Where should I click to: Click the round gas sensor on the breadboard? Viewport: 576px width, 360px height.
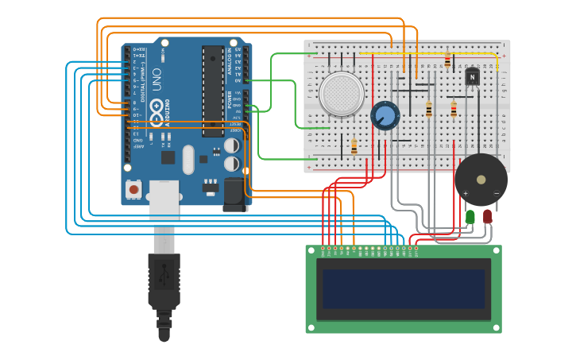(342, 94)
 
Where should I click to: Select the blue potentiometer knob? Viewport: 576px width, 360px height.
(385, 115)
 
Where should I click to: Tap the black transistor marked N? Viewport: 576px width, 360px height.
(472, 76)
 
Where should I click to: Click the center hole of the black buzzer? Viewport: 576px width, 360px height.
(481, 180)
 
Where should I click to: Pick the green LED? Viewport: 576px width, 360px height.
(470, 215)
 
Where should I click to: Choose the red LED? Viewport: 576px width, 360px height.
(487, 215)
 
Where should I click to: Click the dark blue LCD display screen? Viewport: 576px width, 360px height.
(404, 288)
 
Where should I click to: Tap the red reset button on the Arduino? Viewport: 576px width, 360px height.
(133, 189)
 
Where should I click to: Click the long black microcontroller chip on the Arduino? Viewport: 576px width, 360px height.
(212, 91)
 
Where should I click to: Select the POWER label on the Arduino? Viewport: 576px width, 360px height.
(230, 100)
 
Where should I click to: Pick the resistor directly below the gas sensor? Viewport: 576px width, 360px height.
(354, 145)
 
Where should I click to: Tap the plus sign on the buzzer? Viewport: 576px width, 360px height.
(466, 193)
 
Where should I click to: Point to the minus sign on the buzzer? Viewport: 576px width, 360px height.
(496, 193)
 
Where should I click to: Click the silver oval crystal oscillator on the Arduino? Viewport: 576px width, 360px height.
(187, 159)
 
